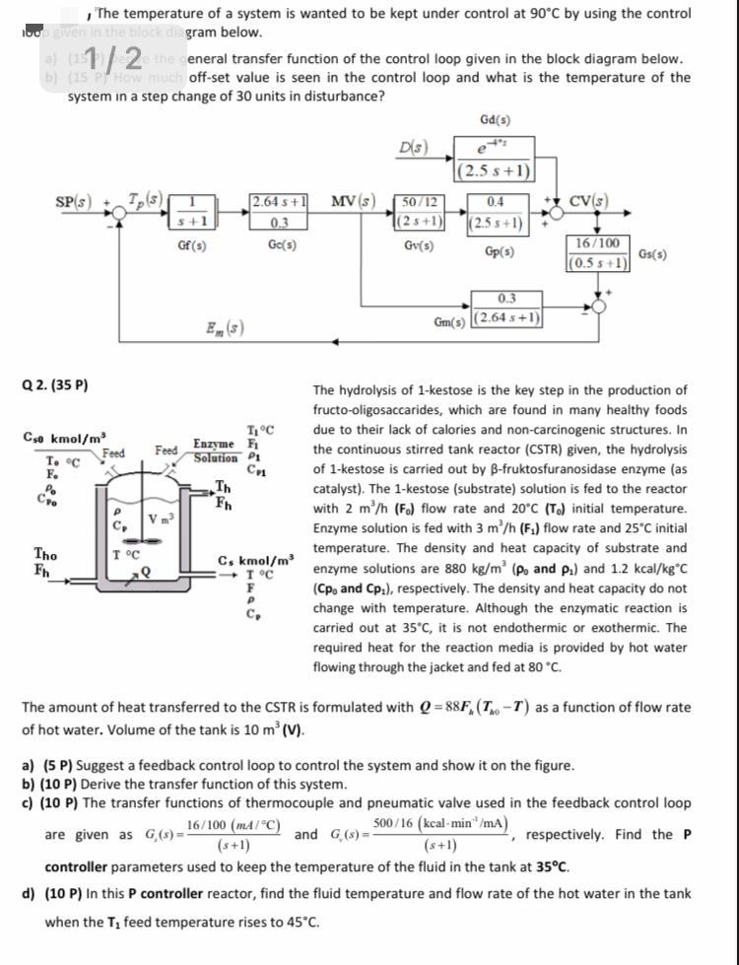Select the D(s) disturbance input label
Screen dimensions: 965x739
tap(414, 149)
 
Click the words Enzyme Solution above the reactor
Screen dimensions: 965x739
tap(216, 451)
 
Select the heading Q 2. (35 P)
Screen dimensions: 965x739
tap(55, 384)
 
